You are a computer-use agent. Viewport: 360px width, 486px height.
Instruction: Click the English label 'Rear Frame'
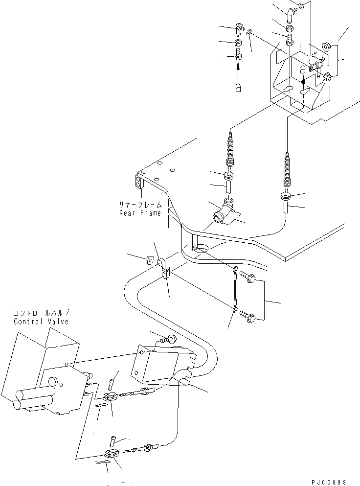pyautogui.click(x=140, y=213)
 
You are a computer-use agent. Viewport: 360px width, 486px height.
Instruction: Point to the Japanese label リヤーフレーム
pyautogui.click(x=140, y=205)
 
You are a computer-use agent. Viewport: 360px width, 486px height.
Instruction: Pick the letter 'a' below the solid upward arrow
pyautogui.click(x=238, y=87)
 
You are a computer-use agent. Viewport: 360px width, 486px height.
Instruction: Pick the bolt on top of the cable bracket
pyautogui.click(x=171, y=338)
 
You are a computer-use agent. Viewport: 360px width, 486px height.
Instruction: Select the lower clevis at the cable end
pyautogui.click(x=111, y=453)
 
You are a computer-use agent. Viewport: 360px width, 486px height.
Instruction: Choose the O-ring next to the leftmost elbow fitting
pyautogui.click(x=249, y=33)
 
